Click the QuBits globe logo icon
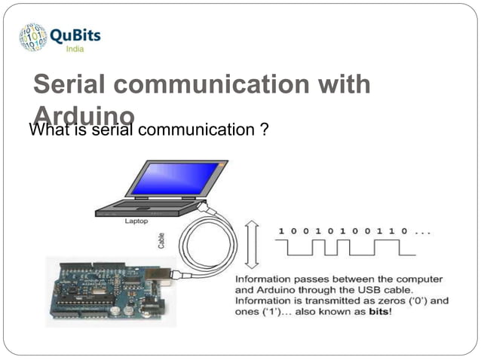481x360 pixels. tap(33, 37)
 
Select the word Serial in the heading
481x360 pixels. tap(70, 84)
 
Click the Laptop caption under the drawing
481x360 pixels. tap(136, 221)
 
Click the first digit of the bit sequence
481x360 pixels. tap(282, 230)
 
